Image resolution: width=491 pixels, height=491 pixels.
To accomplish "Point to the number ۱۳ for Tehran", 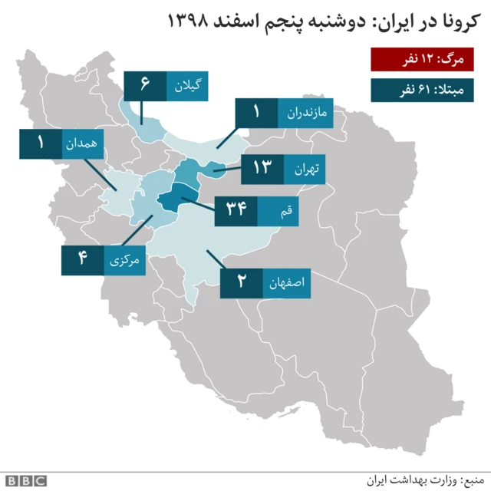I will tap(262, 169).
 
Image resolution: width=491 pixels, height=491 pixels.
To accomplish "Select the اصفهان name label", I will tap(288, 283).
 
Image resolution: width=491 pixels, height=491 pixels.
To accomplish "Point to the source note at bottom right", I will tap(430, 479).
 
